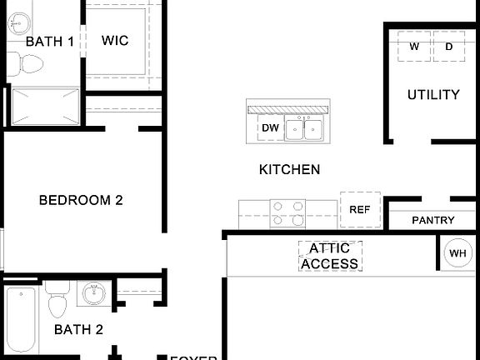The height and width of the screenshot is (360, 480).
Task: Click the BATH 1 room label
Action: click(49, 41)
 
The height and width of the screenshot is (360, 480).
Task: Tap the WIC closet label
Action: click(115, 40)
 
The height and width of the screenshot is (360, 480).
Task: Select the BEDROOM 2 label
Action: click(82, 200)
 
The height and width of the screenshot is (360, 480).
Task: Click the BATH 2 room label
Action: click(78, 329)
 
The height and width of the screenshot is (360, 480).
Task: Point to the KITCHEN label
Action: click(289, 169)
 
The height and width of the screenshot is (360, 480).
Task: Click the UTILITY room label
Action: click(432, 94)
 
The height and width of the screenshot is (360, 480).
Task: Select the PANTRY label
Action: click(433, 220)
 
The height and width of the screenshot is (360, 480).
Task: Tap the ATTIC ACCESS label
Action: click(330, 256)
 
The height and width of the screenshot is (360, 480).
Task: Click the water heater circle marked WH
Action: click(457, 253)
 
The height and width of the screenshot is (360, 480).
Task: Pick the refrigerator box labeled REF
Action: click(359, 210)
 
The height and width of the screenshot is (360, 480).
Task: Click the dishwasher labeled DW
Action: click(269, 128)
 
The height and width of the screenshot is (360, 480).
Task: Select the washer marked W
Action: click(414, 47)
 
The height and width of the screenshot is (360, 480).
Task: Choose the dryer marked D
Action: click(449, 47)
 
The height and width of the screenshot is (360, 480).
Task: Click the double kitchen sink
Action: click(304, 129)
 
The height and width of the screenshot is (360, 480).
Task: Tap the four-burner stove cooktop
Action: click(287, 213)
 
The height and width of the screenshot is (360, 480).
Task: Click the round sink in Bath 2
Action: click(92, 294)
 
